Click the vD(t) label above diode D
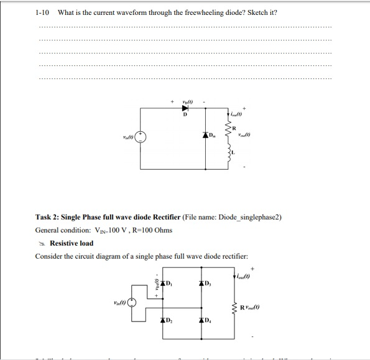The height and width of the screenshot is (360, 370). click(185, 100)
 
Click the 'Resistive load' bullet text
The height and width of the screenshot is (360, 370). click(71, 243)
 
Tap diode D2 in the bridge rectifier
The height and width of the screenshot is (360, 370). click(162, 320)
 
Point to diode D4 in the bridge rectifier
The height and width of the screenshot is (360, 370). click(201, 320)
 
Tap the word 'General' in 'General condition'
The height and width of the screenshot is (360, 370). click(47, 230)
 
